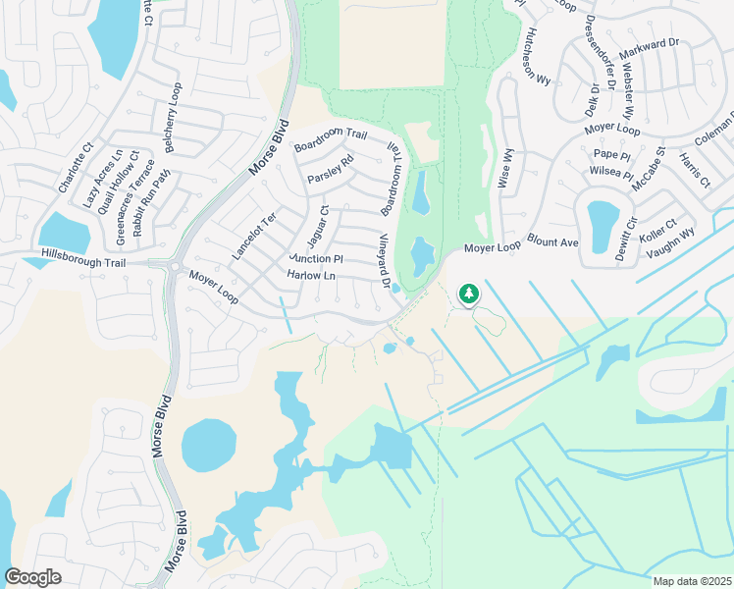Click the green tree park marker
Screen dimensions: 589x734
click(x=469, y=293)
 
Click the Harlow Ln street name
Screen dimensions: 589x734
click(x=311, y=277)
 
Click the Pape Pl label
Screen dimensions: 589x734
click(x=609, y=153)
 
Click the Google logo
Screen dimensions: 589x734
click(x=32, y=577)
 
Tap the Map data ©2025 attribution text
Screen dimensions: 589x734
click(x=692, y=581)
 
